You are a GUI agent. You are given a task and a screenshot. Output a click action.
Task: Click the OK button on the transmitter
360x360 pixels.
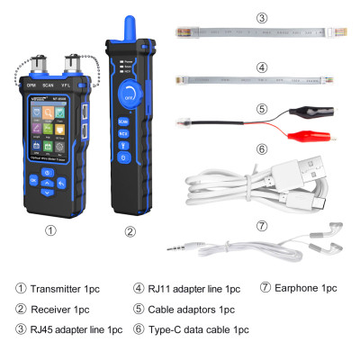[34, 180]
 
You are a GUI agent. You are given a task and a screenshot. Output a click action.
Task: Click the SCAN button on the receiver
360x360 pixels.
[125, 121]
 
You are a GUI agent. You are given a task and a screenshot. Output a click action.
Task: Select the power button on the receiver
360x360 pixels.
[125, 148]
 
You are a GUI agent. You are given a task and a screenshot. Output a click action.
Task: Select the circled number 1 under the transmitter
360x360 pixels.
[51, 230]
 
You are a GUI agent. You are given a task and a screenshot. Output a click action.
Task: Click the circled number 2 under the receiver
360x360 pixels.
[130, 230]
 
